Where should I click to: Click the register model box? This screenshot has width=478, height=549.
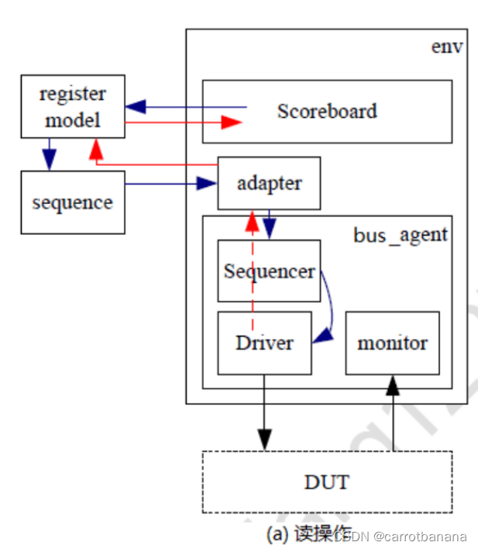73,106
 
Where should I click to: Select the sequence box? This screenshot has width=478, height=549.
73,202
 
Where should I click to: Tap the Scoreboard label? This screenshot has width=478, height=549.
327,111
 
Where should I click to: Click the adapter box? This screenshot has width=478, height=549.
268,183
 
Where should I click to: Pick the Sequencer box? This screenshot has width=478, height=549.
268,271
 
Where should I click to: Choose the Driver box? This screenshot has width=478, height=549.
264,343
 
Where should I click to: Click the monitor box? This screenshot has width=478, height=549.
392,343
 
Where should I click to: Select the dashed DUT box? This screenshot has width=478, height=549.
326,482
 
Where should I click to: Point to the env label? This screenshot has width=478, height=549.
447,47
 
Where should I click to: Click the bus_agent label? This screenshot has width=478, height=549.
401,234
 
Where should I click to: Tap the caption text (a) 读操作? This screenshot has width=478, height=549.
308,535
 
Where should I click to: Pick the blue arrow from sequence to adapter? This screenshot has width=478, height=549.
170,184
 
